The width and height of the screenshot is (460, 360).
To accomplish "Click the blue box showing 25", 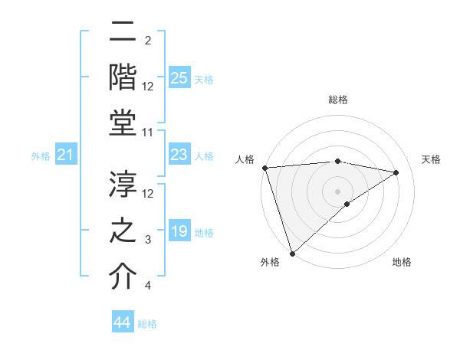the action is coord(179,78).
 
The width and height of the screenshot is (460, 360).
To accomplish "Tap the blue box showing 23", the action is coord(179,155).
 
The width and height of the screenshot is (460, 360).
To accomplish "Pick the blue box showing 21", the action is coord(66,156).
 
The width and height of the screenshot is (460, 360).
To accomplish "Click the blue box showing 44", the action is coord(123,323).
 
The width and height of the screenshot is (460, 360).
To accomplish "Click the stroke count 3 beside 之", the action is coord(148,240).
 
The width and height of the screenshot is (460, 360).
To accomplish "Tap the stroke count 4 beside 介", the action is coord(148,286).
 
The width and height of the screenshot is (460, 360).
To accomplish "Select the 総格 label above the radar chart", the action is coord(337,100).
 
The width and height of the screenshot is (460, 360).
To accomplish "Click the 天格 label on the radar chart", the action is coord(431,159).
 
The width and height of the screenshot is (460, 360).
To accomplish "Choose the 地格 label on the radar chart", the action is coord(402,262).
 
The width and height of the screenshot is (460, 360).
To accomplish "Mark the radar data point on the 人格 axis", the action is coord(264,168).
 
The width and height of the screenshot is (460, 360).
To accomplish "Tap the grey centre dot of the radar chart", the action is coord(337,191).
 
